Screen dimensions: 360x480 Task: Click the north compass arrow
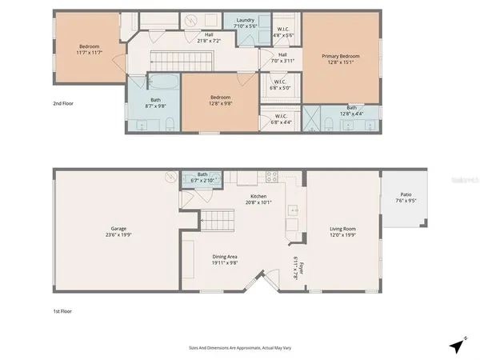point(456,346)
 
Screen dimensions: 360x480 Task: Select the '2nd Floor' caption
point(64,104)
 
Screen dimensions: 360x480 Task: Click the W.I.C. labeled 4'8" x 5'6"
point(282,33)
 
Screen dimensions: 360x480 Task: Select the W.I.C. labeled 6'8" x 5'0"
point(280,86)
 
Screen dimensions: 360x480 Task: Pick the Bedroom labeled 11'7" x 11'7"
point(89,50)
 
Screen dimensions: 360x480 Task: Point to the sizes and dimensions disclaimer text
point(239,347)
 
